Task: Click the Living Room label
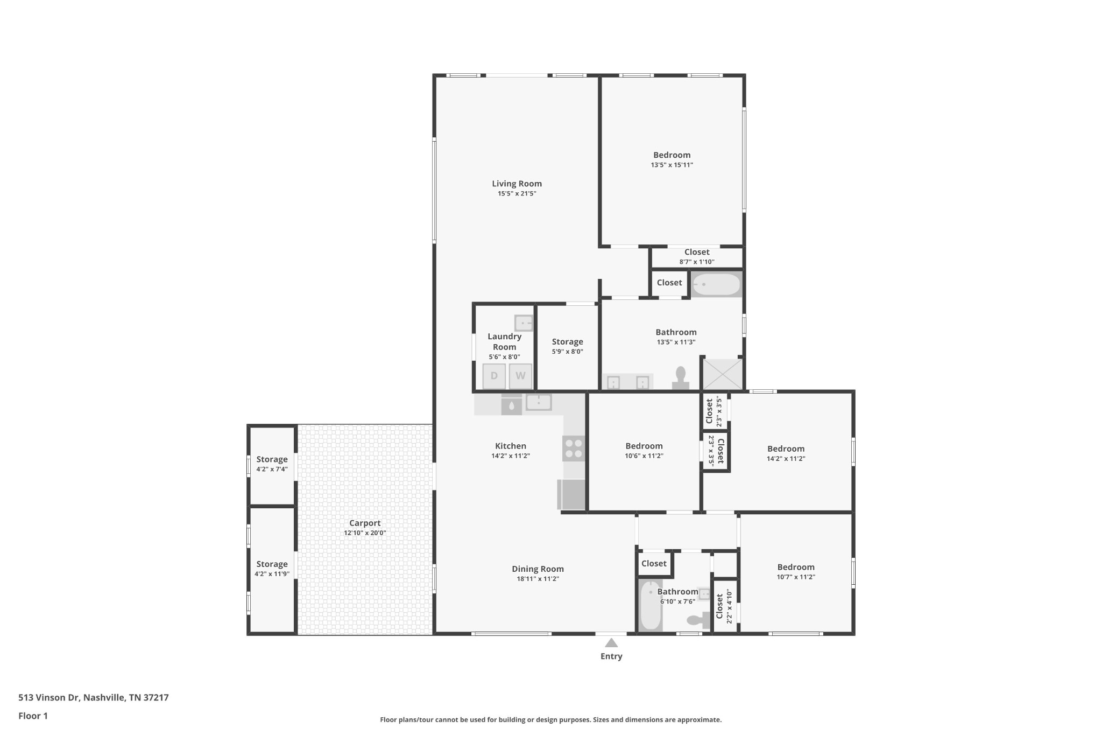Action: click(517, 184)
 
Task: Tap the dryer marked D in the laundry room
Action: click(493, 376)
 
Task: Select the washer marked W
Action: click(520, 376)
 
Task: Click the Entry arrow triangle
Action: click(611, 642)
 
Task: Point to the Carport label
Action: click(365, 523)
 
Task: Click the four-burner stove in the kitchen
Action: click(574, 449)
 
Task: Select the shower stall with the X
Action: click(723, 374)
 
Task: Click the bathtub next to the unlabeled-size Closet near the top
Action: click(716, 284)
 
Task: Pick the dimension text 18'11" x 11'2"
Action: click(538, 579)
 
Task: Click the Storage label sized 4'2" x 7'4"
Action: click(272, 459)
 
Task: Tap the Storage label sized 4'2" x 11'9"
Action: click(272, 564)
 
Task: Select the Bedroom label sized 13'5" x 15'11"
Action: click(672, 155)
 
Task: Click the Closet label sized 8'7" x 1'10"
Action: click(697, 252)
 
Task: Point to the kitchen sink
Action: click(539, 402)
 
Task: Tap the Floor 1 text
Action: click(33, 716)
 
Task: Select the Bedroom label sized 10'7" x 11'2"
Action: click(795, 567)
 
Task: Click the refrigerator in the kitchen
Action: click(572, 494)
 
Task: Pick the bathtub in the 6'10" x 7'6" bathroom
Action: click(650, 605)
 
